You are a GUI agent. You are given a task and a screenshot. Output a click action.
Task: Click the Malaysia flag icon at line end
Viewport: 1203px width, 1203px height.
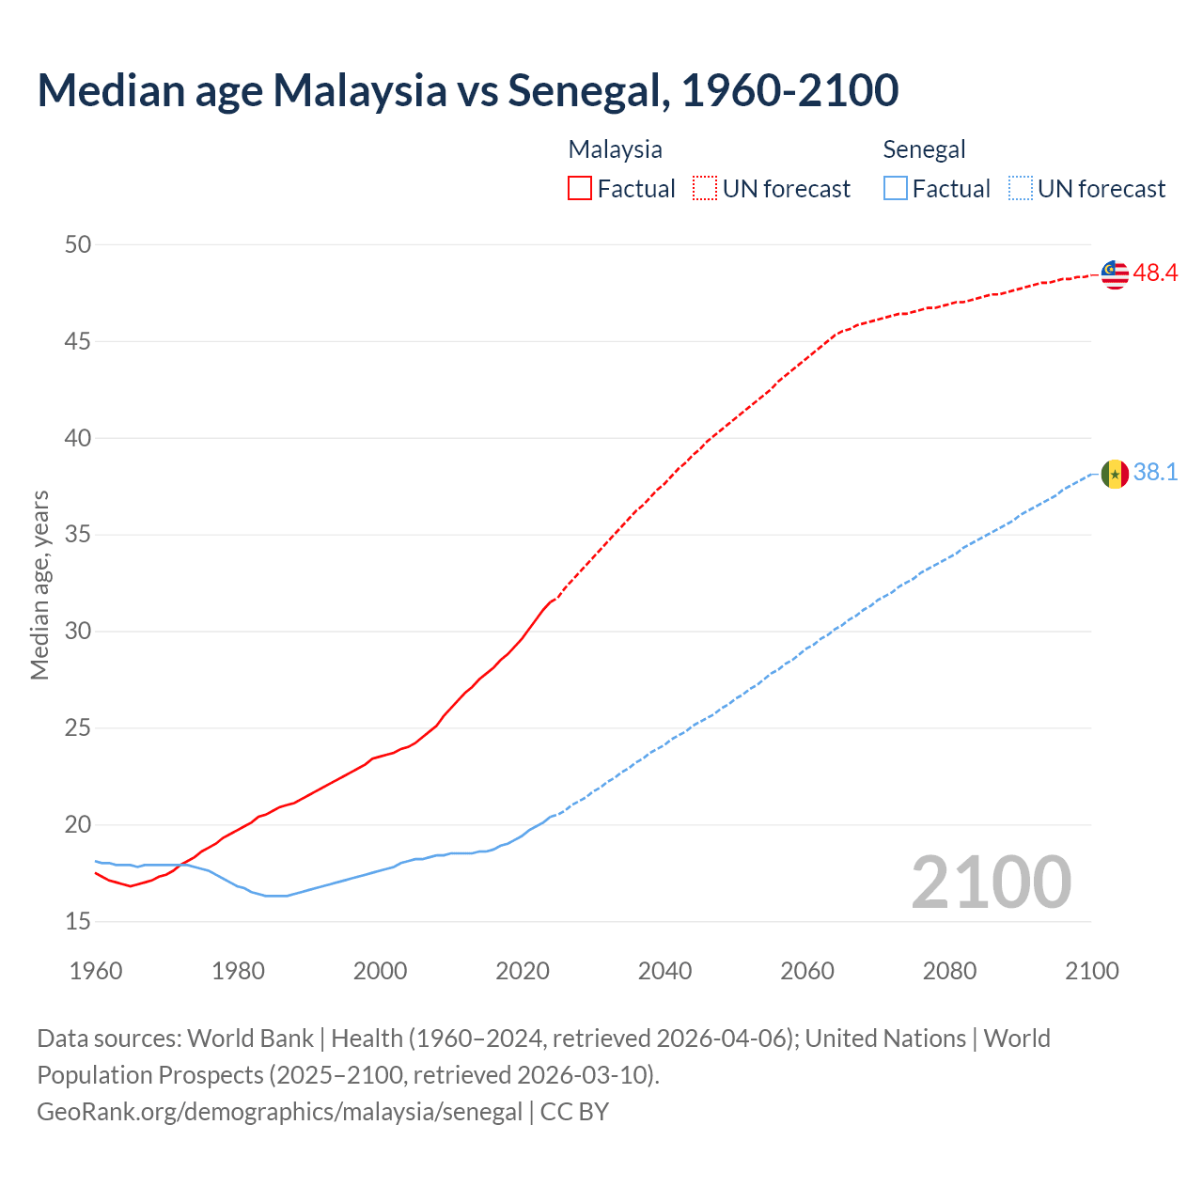coord(1115,273)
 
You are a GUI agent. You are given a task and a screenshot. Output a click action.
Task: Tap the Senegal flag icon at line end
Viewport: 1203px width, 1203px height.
coord(1115,474)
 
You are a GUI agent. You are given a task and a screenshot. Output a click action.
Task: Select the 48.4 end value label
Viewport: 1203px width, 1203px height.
coord(1155,273)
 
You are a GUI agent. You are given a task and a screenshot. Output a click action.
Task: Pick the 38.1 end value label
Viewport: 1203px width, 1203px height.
coord(1155,472)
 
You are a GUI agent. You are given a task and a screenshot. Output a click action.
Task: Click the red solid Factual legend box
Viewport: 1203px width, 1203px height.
coord(580,189)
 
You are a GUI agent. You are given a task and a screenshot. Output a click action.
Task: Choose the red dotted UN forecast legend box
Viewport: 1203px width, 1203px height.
coord(705,189)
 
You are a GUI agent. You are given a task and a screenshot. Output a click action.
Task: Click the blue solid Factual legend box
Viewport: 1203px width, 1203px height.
coord(896,189)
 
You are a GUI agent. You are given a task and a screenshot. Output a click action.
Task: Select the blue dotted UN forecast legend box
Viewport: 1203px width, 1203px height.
coord(1020,189)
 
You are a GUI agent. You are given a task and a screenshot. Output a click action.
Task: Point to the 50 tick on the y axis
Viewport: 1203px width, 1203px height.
coord(78,244)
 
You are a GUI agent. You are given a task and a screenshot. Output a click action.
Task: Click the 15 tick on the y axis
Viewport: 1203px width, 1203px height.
coord(78,922)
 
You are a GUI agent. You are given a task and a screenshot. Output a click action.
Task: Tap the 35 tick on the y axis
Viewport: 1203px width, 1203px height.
coord(78,535)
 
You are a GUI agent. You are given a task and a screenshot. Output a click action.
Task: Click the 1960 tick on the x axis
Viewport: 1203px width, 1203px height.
coord(96,971)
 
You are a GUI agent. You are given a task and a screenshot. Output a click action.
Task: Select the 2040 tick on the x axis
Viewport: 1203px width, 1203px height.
coord(664,971)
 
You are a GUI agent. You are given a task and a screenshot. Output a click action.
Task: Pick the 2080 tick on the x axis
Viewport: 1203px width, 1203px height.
coord(949,971)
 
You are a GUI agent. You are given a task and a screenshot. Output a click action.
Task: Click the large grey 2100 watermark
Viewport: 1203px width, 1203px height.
coord(991,883)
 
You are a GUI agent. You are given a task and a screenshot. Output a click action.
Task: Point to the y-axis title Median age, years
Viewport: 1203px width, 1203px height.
coord(39,585)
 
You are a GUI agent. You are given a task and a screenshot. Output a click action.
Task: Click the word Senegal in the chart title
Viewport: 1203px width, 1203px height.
coord(586,90)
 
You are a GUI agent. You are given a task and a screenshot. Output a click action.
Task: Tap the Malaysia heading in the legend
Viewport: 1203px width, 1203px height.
coord(615,149)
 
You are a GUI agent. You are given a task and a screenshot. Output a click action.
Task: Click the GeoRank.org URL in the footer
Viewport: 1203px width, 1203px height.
coord(279,1112)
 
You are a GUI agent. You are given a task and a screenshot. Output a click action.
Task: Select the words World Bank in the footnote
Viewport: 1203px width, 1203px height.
coord(250,1039)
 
